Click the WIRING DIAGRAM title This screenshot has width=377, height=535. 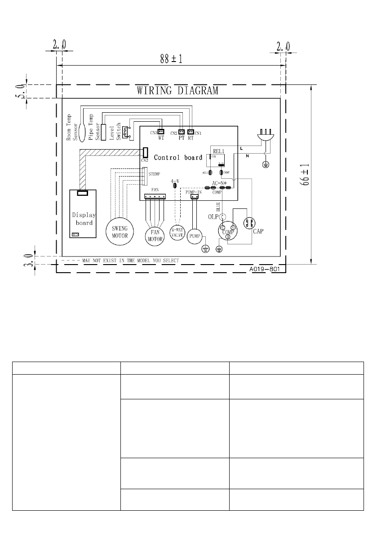pyautogui.click(x=177, y=91)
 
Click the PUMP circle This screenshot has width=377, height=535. pyautogui.click(x=194, y=235)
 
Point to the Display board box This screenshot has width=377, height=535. pyautogui.click(x=83, y=214)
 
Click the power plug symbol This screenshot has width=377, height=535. pyautogui.click(x=265, y=137)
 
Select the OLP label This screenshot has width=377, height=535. pyautogui.click(x=212, y=217)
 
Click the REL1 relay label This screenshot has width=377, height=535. pyautogui.click(x=219, y=151)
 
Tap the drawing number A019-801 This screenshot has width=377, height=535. pyautogui.click(x=265, y=270)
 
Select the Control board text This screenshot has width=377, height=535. pyautogui.click(x=178, y=158)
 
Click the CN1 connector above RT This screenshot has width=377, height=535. pyautogui.click(x=191, y=132)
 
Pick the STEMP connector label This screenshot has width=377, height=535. pyautogui.click(x=154, y=173)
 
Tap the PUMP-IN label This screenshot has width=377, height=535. pyautogui.click(x=194, y=192)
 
